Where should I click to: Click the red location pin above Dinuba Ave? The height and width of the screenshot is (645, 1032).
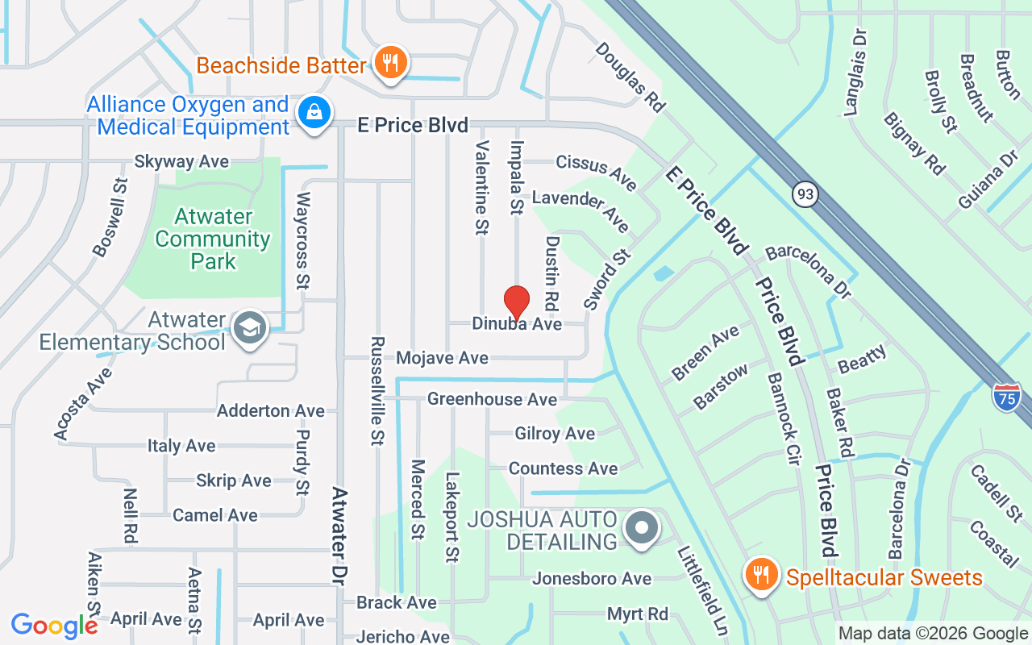(x=516, y=303)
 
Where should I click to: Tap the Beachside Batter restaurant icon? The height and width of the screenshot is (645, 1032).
(x=391, y=61)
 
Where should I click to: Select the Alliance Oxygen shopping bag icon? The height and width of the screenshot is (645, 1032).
(x=310, y=113)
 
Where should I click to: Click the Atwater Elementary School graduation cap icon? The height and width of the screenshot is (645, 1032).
(x=250, y=328)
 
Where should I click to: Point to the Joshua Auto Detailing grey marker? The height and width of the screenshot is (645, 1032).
(x=642, y=528)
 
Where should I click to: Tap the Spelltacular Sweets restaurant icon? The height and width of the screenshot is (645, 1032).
(x=759, y=575)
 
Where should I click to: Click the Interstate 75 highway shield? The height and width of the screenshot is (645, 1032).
(x=1007, y=397)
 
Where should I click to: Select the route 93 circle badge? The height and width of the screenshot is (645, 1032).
(x=804, y=194)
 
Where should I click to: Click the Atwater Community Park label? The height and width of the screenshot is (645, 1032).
(x=213, y=239)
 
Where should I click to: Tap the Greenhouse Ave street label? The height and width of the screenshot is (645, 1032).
(x=492, y=399)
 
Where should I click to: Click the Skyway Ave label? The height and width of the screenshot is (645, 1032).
(x=181, y=162)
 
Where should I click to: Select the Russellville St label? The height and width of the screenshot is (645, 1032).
(x=377, y=390)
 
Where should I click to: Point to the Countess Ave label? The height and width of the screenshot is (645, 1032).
(x=563, y=468)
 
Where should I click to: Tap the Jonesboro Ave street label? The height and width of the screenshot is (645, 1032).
(x=591, y=579)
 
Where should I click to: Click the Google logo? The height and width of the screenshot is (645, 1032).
(x=54, y=626)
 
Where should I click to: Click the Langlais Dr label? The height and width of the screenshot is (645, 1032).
(x=856, y=73)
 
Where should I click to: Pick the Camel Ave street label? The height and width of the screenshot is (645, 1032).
(x=215, y=515)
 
